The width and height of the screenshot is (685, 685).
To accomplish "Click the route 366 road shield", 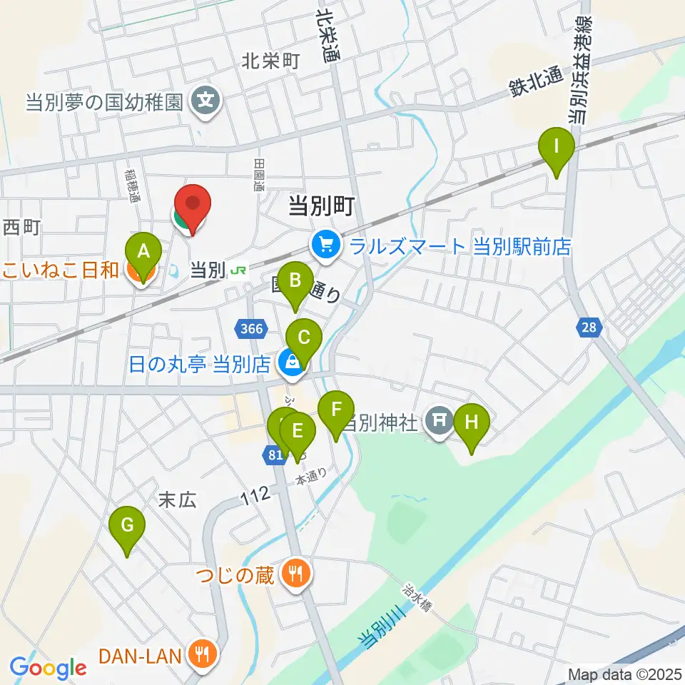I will pyautogui.click(x=251, y=329).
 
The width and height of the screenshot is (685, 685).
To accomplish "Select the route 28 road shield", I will pyautogui.click(x=588, y=328).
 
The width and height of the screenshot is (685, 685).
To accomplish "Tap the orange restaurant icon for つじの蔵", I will pyautogui.click(x=295, y=573).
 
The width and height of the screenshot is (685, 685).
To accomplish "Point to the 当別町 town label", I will pyautogui.click(x=321, y=207).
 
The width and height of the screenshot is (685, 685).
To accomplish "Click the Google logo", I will pyautogui.click(x=48, y=668).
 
